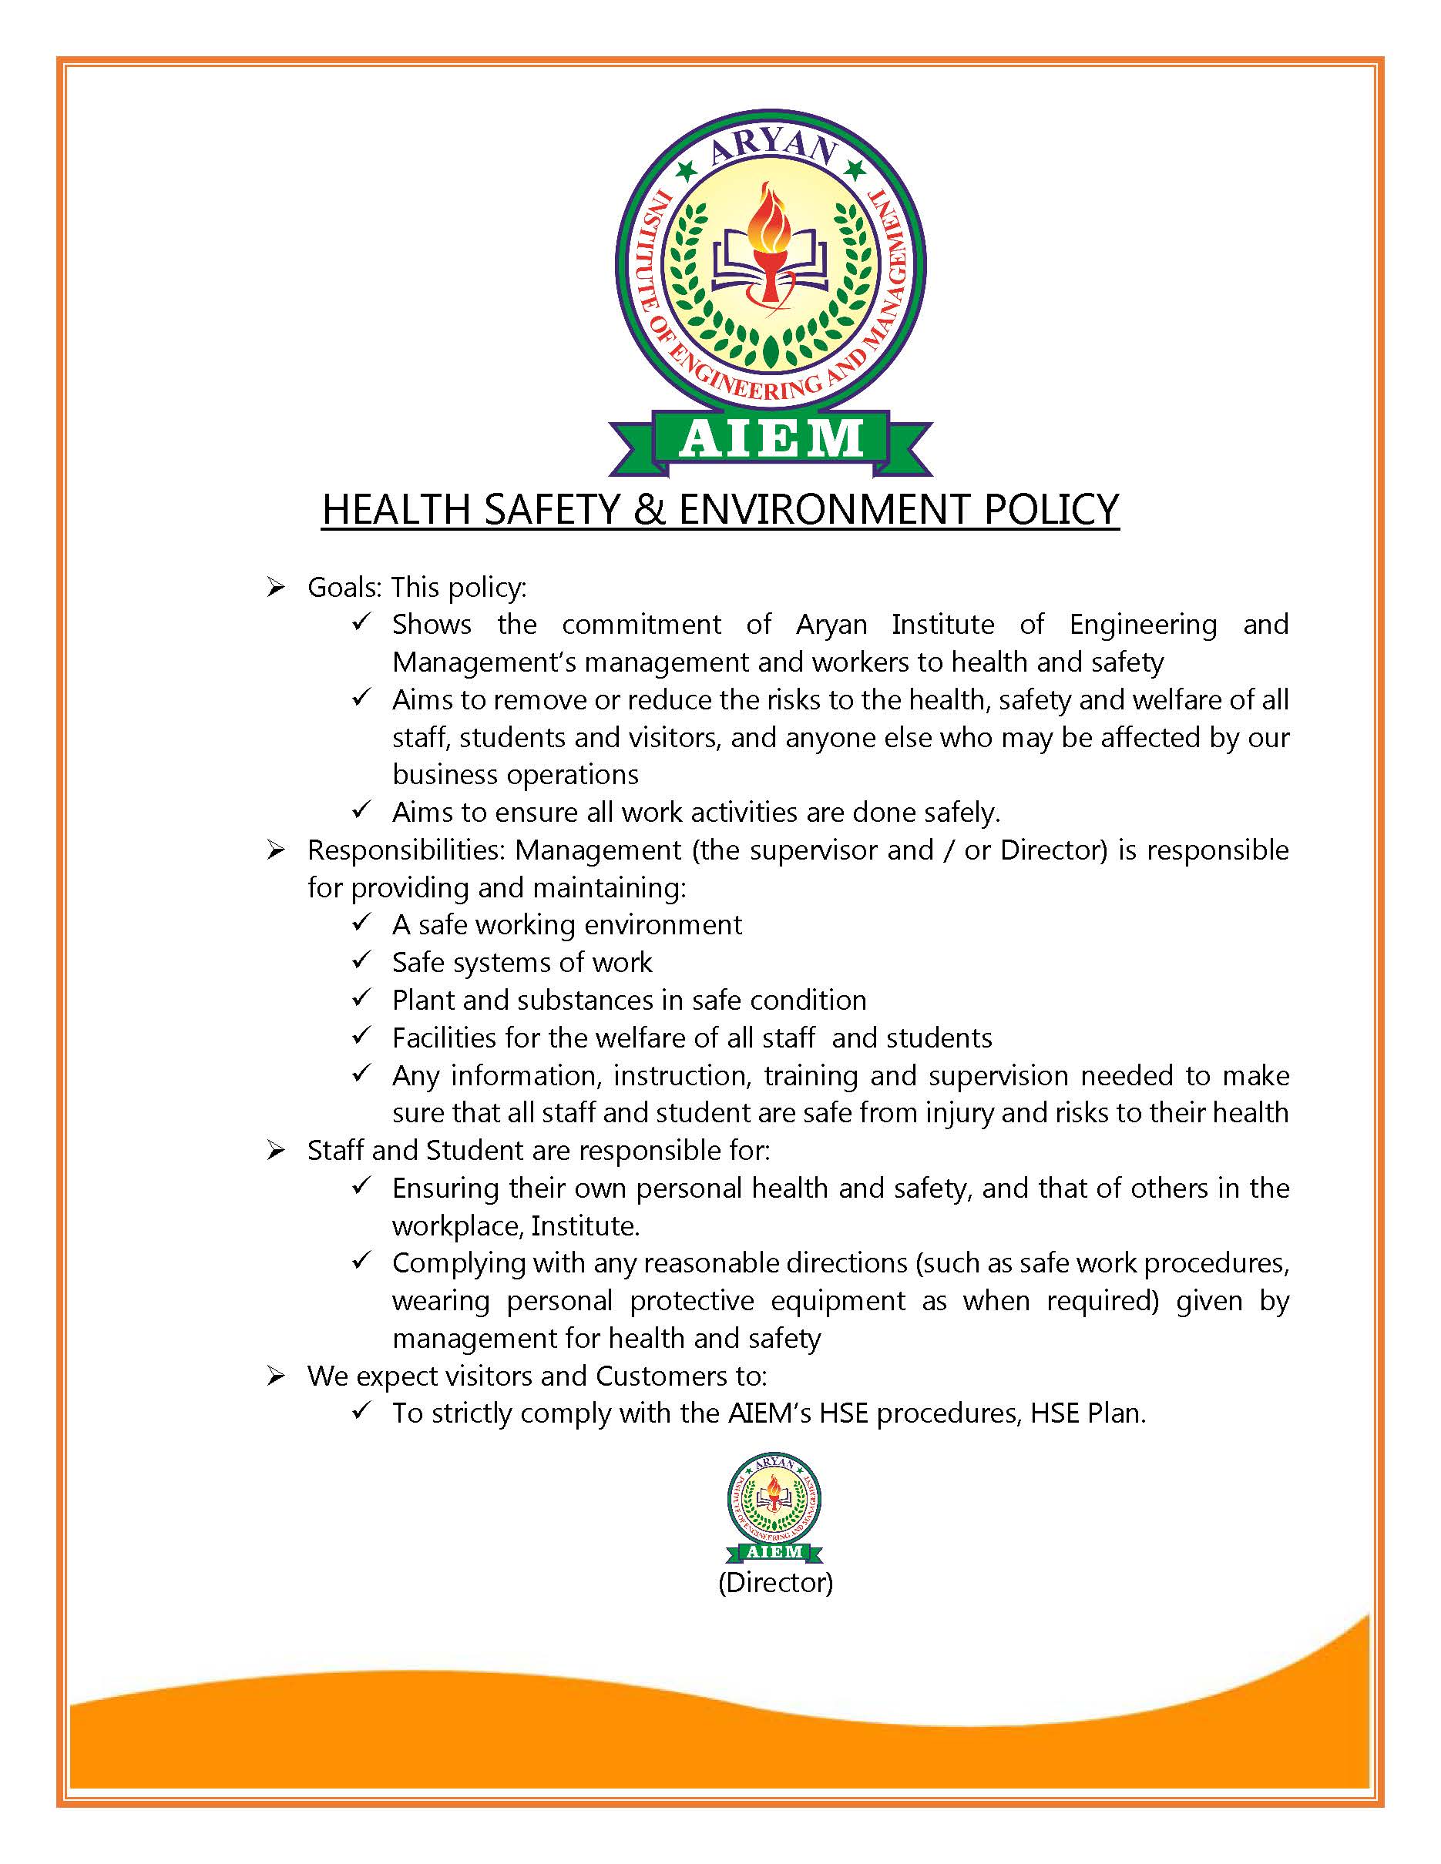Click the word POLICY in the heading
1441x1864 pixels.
pyautogui.click(x=1051, y=510)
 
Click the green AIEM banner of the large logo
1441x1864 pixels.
pyautogui.click(x=770, y=439)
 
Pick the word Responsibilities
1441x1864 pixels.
pyautogui.click(x=406, y=851)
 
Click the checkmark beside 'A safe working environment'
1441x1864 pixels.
pyautogui.click(x=361, y=924)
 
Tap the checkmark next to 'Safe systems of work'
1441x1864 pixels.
pyautogui.click(x=361, y=961)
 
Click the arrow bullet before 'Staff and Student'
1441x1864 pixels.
pyautogui.click(x=275, y=1151)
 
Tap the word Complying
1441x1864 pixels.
pyautogui.click(x=458, y=1263)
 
